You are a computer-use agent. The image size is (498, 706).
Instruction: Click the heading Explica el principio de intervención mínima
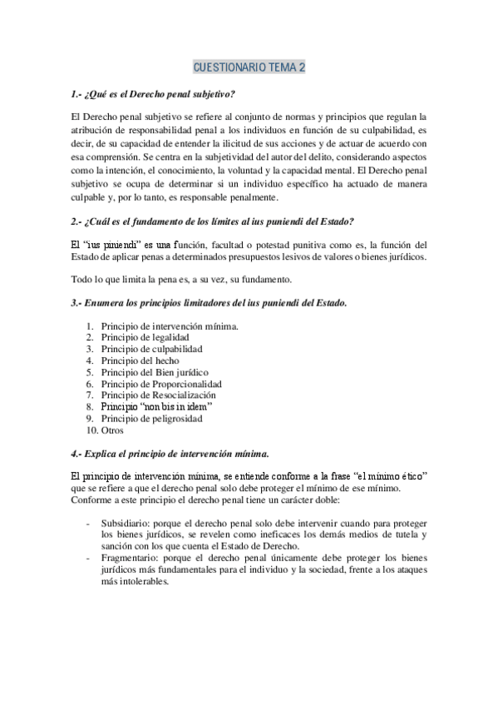click(170, 453)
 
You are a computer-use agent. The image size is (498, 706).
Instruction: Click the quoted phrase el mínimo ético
click(390, 475)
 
